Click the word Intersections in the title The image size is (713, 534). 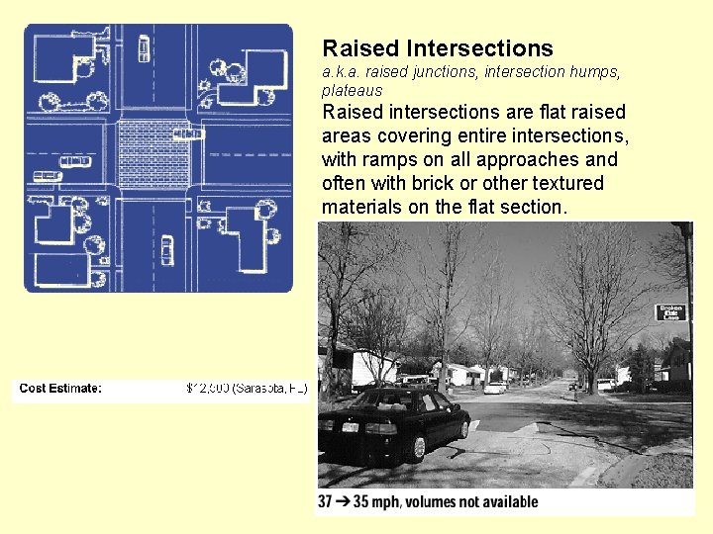click(x=478, y=48)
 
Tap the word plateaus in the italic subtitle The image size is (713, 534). click(x=352, y=90)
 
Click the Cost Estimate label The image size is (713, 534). click(x=60, y=388)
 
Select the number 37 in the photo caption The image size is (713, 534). click(x=326, y=501)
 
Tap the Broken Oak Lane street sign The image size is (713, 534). click(x=670, y=312)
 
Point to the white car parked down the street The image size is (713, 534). click(x=495, y=387)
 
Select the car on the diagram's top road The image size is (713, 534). click(x=145, y=47)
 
